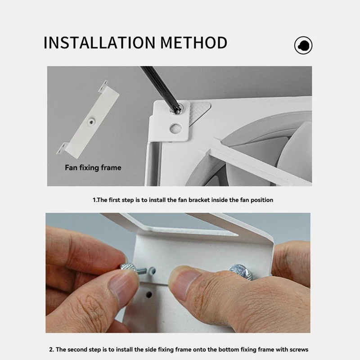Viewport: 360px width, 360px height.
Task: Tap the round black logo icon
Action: pyautogui.click(x=303, y=45)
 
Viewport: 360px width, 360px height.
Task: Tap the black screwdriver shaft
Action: pyautogui.click(x=155, y=85)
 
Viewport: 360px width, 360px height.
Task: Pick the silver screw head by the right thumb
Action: pyautogui.click(x=237, y=270)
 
